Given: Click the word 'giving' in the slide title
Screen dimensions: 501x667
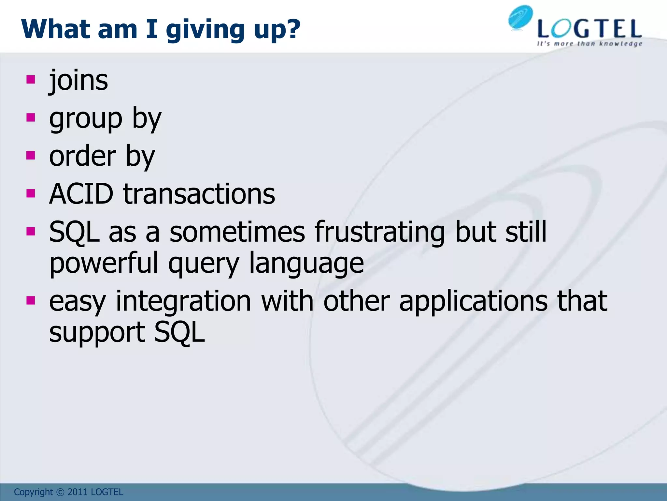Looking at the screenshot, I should click(x=205, y=30).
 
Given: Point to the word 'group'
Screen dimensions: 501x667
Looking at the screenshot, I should click(x=86, y=119).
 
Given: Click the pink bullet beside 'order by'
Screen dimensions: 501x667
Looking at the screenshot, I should click(x=31, y=155).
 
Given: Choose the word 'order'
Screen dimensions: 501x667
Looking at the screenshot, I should click(x=82, y=156).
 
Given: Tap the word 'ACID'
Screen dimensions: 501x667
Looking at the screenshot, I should click(x=81, y=194).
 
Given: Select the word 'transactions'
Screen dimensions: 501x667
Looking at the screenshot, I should click(x=199, y=194).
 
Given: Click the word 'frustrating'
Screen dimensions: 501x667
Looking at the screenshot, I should click(x=380, y=232).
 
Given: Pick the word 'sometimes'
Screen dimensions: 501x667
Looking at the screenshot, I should click(x=237, y=232).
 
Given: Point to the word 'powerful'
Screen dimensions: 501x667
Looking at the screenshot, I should click(x=104, y=264).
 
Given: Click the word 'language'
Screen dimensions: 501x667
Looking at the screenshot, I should click(x=306, y=264).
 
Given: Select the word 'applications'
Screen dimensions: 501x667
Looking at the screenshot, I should click(x=474, y=301).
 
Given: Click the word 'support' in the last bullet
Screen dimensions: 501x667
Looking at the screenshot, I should click(x=97, y=332).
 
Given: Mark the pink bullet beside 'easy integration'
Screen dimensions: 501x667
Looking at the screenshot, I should click(x=31, y=300).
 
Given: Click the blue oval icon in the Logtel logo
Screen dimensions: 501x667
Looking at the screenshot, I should click(x=520, y=18).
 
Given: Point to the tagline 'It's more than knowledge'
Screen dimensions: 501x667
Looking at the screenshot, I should click(x=589, y=44).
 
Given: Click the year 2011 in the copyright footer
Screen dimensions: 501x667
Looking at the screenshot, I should click(x=78, y=492).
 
